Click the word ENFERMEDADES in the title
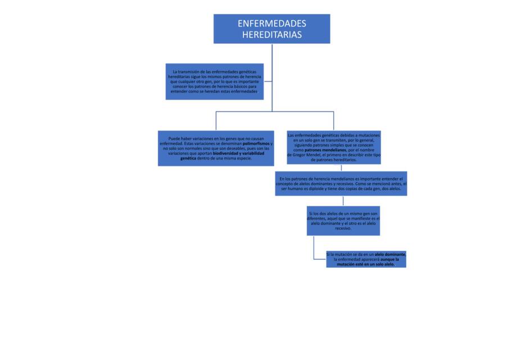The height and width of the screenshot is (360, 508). tap(271, 24)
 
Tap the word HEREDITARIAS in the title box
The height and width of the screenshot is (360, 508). tap(271, 35)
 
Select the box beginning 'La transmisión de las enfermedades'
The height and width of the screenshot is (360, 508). tap(215, 82)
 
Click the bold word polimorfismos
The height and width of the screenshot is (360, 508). tap(256, 143)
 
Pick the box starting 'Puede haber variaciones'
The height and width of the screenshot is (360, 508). tap(216, 148)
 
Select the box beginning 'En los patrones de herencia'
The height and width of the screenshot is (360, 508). tap(341, 184)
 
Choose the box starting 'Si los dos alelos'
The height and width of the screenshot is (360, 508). tap(343, 221)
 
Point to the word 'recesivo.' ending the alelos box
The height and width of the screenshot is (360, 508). tap(343, 228)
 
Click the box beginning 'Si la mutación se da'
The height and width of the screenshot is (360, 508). tap(366, 259)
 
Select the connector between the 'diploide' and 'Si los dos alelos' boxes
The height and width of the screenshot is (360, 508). tap(343, 201)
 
